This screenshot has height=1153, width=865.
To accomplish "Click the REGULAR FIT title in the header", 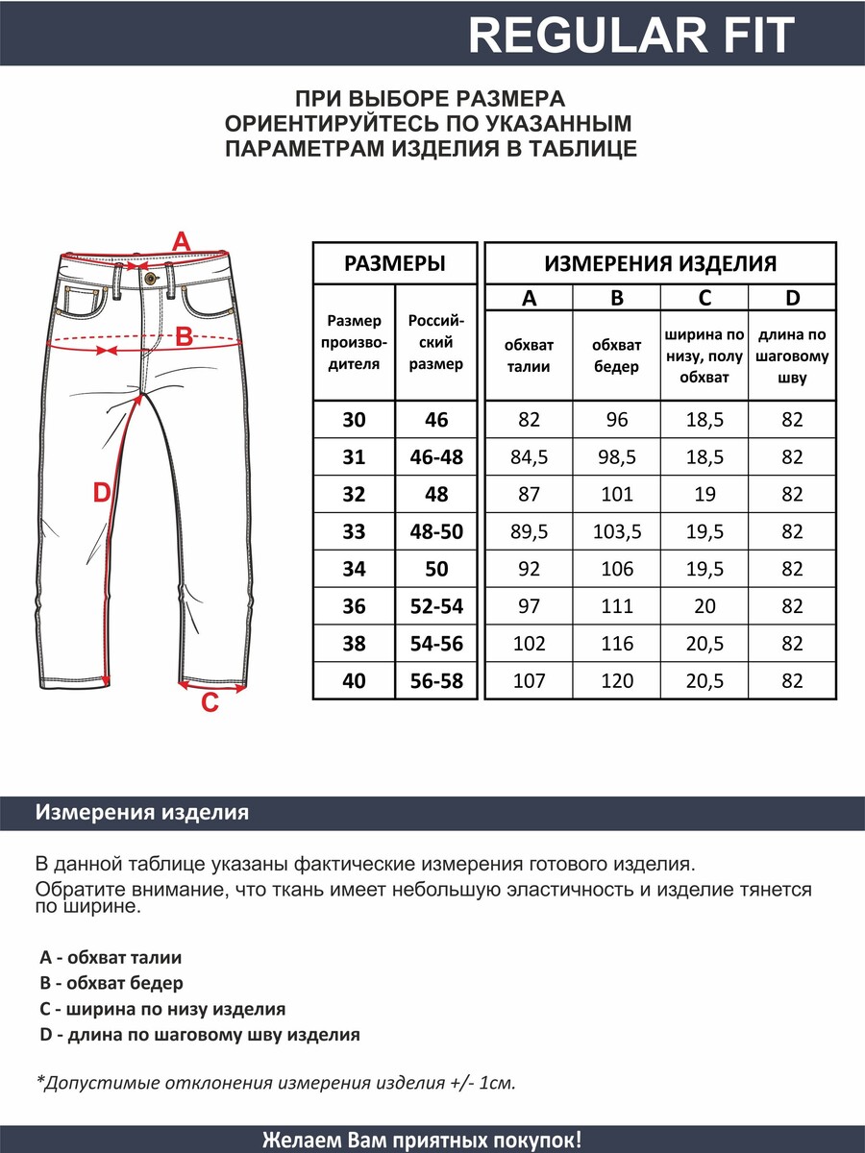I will [631, 35].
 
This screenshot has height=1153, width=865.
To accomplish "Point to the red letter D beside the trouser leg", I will [101, 493].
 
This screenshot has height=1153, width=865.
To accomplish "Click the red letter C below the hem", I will [209, 704].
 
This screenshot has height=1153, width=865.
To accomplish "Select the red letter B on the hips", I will [184, 337].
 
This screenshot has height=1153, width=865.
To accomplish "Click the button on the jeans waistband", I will [149, 278].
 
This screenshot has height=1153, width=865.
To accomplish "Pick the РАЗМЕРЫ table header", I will [394, 263].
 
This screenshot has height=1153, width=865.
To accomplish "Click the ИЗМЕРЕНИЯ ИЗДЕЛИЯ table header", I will [660, 263].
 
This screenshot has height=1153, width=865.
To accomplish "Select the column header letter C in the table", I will [704, 298].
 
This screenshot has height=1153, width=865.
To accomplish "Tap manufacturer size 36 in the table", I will [354, 606].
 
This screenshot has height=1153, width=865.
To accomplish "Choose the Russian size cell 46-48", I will [436, 457].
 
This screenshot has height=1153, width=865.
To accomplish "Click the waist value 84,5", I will [529, 457].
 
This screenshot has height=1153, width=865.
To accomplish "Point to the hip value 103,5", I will [617, 532].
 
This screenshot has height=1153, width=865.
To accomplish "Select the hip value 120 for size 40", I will [617, 681].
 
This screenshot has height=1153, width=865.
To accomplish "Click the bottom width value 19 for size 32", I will [704, 495].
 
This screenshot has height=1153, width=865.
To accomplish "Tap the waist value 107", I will [529, 681].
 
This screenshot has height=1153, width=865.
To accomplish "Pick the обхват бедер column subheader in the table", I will [617, 356].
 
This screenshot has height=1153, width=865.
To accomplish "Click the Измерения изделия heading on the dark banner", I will [142, 813].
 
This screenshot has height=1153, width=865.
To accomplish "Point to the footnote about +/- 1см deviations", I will [277, 1083].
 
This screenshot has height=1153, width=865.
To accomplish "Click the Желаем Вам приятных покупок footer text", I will [422, 1141].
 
